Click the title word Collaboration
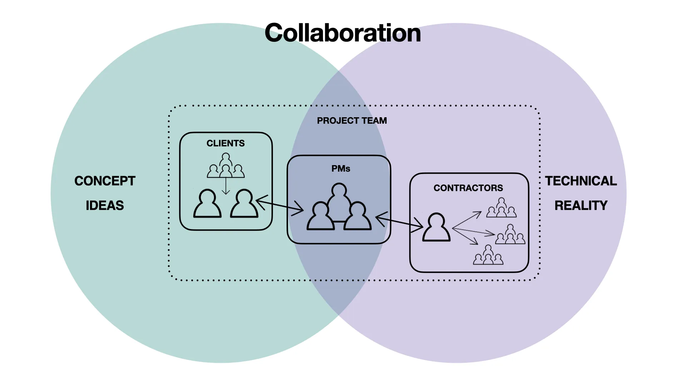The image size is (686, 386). point(343,33)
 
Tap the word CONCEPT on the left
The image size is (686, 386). point(105,181)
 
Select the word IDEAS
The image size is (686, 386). point(105,206)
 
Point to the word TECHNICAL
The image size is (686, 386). point(581,181)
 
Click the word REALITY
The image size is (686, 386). point(581,206)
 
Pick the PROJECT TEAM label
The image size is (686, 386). point(352,121)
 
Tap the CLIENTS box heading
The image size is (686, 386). point(225,143)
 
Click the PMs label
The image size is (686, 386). point(341,169)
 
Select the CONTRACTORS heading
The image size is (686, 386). point(468,188)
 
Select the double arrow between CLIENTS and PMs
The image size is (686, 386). point(280,206)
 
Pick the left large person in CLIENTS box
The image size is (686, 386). point(207,204)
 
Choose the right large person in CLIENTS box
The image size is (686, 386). point(244,204)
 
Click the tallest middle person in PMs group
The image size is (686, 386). point(339,200)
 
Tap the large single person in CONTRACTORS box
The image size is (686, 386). point(436,228)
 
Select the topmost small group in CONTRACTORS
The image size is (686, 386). point(501,208)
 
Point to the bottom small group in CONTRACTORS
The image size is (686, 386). point(488,255)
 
